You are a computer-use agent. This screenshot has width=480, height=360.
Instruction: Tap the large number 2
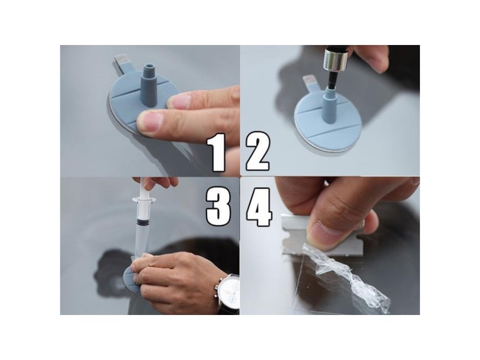(258, 151)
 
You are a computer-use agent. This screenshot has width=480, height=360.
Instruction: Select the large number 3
(218, 207)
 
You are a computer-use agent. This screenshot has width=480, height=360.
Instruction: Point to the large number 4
(259, 207)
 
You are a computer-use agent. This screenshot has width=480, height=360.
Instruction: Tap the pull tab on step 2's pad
(311, 84)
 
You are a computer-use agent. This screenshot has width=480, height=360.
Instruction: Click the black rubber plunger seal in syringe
(142, 220)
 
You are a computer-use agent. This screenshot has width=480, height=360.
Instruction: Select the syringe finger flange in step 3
(144, 200)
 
